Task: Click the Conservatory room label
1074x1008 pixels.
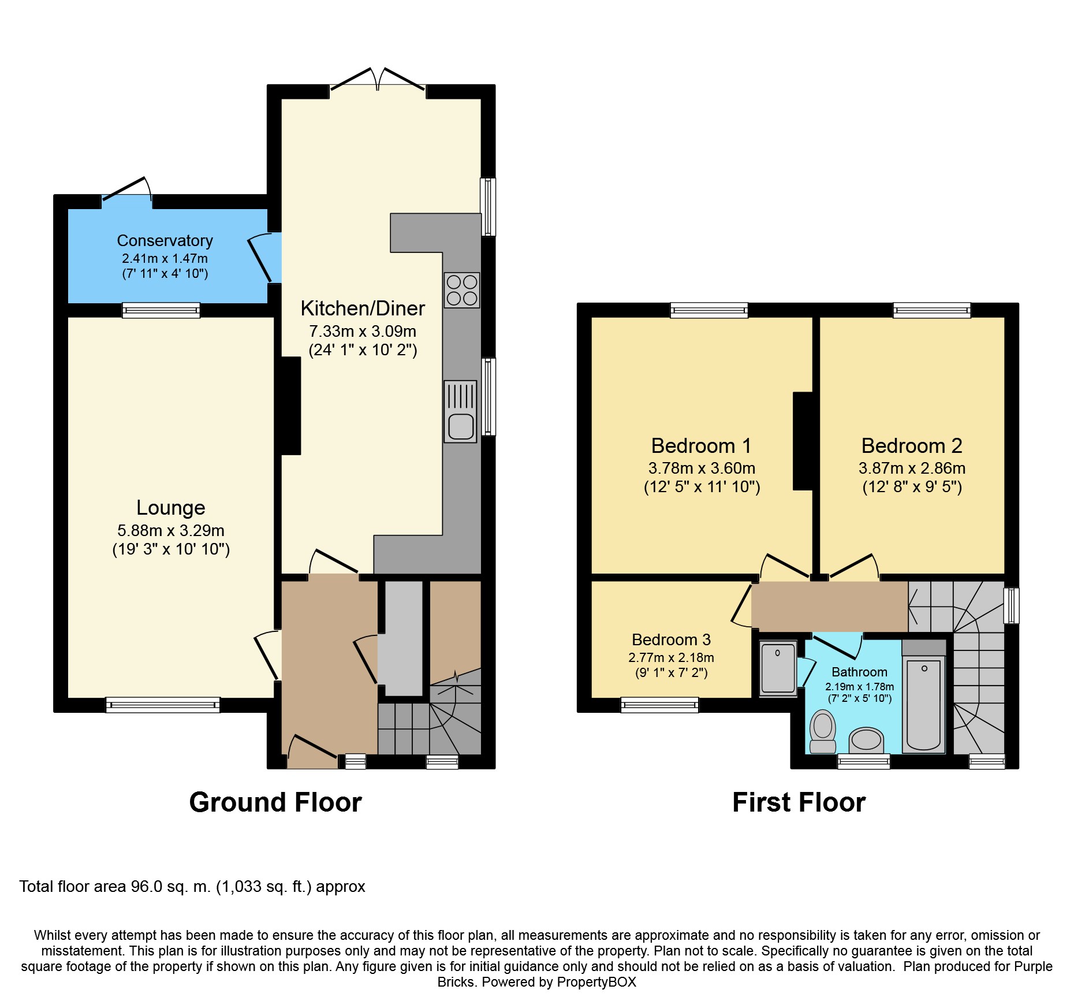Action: [x=165, y=240]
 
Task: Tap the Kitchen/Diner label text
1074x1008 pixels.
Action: [x=363, y=308]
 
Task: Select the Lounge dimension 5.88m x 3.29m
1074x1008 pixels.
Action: [x=171, y=530]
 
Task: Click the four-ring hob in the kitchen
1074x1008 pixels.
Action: [x=462, y=290]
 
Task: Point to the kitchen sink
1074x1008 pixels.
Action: [x=460, y=411]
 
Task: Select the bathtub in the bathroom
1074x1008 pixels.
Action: [x=924, y=705]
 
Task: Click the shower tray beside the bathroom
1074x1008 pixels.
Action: [x=778, y=668]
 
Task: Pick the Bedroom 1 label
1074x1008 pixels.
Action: [x=702, y=446]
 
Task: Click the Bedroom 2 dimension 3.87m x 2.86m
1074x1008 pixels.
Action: [x=912, y=468]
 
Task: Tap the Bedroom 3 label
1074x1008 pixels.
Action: [x=671, y=639]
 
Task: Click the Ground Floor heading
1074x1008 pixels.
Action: [x=275, y=802]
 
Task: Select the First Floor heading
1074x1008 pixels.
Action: [x=799, y=802]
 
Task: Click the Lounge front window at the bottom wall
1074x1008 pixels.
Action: [x=163, y=705]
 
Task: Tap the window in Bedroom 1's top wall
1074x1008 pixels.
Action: [x=709, y=310]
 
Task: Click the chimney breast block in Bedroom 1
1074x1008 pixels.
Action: [x=803, y=441]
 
